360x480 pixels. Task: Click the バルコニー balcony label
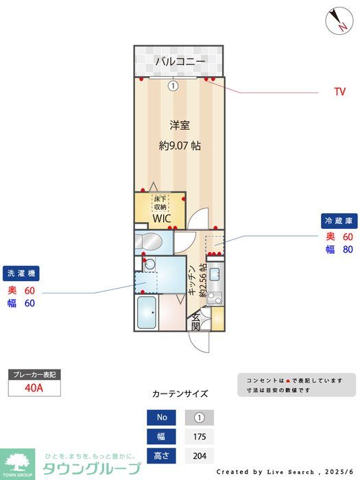[180, 62]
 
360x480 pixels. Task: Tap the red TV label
[339, 92]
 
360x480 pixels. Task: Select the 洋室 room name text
[180, 125]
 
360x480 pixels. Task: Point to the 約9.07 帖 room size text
[180, 145]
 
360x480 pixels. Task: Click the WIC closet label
[162, 219]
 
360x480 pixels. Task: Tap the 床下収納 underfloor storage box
[160, 204]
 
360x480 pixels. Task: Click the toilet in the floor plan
[148, 242]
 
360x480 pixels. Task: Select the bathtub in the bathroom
[147, 314]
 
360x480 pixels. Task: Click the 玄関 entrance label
[196, 321]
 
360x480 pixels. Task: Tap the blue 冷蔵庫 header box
[339, 221]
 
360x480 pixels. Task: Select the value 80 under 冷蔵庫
[348, 250]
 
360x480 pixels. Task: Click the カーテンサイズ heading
[180, 394]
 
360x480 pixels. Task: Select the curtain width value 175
[200, 436]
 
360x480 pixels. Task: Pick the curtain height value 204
[200, 455]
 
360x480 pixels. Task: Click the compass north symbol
[337, 19]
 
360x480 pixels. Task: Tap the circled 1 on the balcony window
[173, 86]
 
